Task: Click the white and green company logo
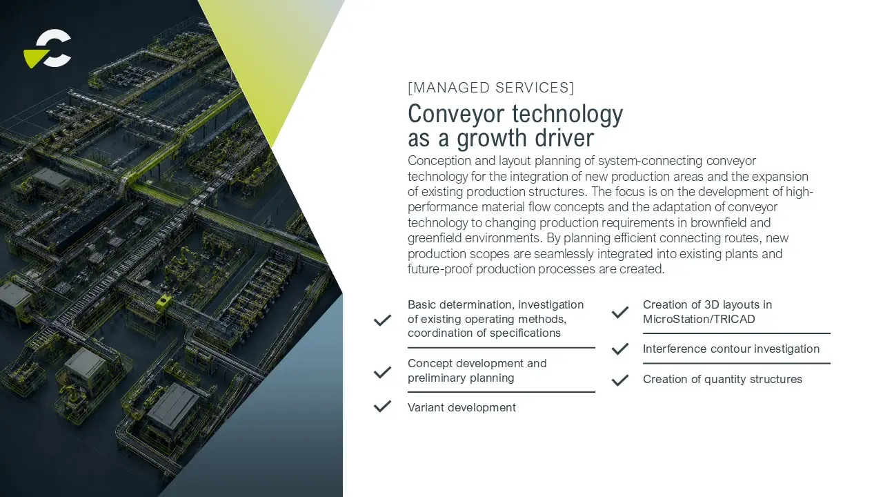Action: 48,48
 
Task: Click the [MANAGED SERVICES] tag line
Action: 490,88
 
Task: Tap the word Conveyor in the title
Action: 456,115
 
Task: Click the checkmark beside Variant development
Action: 382,407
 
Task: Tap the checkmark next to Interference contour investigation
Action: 620,349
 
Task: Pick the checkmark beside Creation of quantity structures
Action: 620,380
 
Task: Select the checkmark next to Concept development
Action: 382,372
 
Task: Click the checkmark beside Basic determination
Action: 382,320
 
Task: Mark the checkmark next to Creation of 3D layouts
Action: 620,312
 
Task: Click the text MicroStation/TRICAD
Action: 699,319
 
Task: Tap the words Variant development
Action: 462,407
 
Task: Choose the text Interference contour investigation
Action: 731,349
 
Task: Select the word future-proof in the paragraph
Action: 440,269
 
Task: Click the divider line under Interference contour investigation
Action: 737,363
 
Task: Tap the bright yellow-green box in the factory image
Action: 163,302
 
